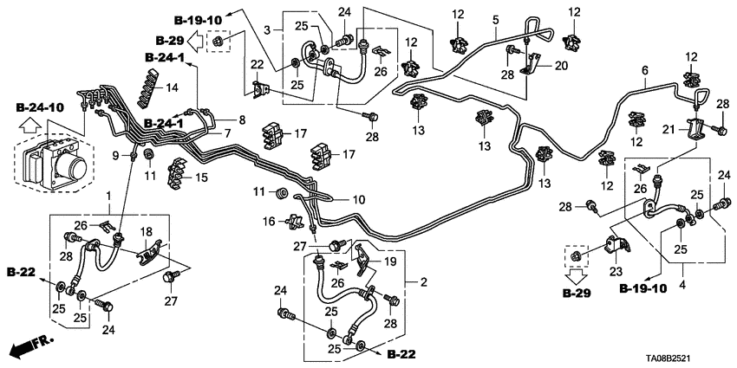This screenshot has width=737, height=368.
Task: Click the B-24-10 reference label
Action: (x=40, y=107)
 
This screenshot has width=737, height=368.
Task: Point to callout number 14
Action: (x=172, y=87)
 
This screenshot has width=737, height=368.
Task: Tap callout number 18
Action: (x=147, y=232)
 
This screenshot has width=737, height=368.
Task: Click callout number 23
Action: (x=619, y=270)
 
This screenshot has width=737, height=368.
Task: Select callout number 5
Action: (x=496, y=19)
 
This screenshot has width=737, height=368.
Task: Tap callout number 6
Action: (x=644, y=71)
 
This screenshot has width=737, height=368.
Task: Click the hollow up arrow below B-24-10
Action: (x=28, y=127)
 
